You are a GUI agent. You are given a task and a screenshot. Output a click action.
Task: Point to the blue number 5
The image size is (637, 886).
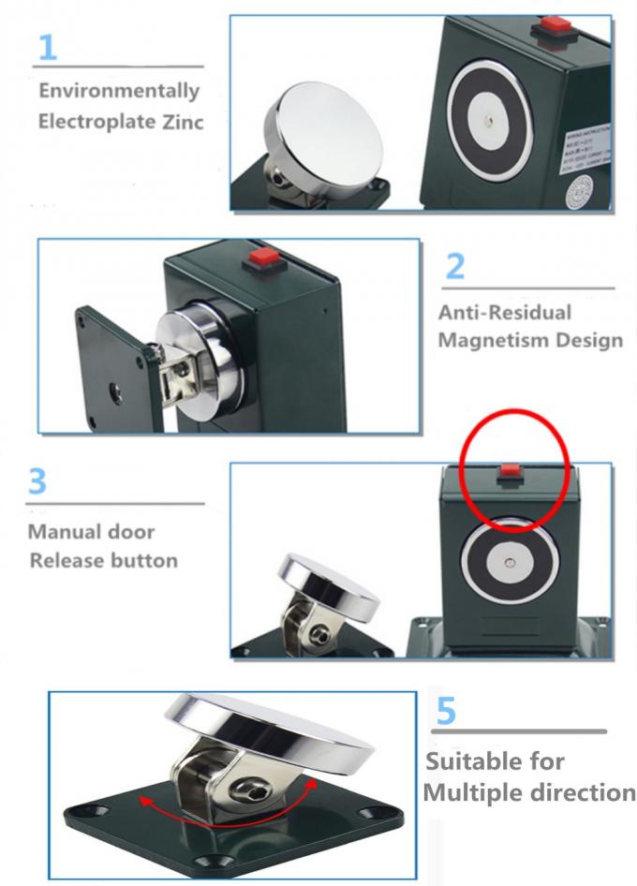447,709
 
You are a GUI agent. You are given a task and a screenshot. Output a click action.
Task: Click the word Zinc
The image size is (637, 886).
178,122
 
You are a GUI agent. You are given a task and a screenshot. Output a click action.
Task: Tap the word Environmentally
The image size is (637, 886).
119,91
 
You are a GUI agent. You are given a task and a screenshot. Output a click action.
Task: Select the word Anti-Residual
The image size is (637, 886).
504,313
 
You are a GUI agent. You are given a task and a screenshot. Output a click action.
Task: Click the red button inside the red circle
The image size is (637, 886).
510,471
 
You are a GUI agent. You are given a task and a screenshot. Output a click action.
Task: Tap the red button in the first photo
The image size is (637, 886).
550,27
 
